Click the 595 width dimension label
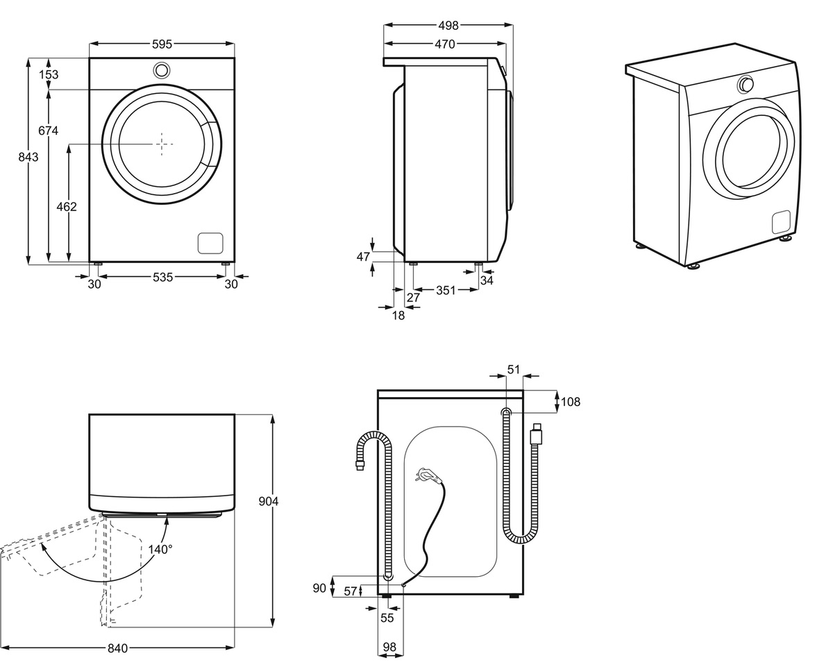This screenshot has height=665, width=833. (162, 44)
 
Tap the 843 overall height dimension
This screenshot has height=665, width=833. (28, 157)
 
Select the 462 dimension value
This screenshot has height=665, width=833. (67, 207)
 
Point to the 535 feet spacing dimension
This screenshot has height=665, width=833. (162, 277)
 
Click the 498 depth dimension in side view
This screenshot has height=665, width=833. (448, 26)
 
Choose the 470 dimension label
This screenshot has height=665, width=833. (445, 44)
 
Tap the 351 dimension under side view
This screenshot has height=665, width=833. (446, 290)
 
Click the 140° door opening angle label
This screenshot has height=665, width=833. (160, 549)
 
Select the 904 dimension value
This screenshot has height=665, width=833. (268, 501)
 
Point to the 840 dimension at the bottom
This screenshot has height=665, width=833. (117, 648)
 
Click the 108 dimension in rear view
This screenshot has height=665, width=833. (571, 402)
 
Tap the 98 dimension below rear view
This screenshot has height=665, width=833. (389, 647)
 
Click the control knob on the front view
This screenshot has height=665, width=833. (162, 70)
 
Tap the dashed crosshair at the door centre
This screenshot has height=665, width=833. (162, 144)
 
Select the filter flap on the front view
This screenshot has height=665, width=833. (210, 243)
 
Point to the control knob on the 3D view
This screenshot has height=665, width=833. (745, 85)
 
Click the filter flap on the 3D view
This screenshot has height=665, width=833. (781, 222)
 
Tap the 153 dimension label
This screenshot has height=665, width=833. (49, 74)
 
